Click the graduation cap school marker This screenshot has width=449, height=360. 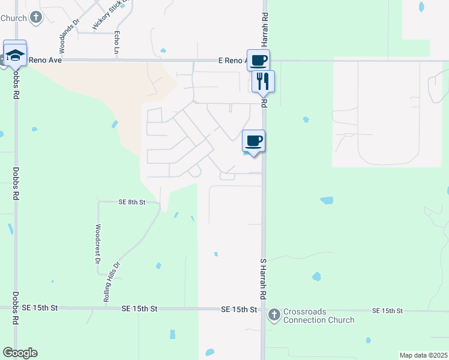coord(15,55)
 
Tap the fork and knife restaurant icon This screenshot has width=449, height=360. coord(262,81)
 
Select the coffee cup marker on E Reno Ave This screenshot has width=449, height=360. coord(258,60)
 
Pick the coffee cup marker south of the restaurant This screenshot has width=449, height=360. coord(253,141)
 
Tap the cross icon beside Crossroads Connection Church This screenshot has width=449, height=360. coord(274,314)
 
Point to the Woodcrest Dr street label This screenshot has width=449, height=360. coord(97,244)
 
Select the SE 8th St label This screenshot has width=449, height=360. coord(133,203)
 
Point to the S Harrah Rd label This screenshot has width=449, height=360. coord(262,279)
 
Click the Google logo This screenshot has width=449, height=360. coord(20,352)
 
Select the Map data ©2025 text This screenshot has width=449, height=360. coord(423,355)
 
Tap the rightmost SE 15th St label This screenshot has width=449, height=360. coord(387,310)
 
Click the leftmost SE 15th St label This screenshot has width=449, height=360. coord(40,307)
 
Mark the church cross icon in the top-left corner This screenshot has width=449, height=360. coord(35,17)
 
